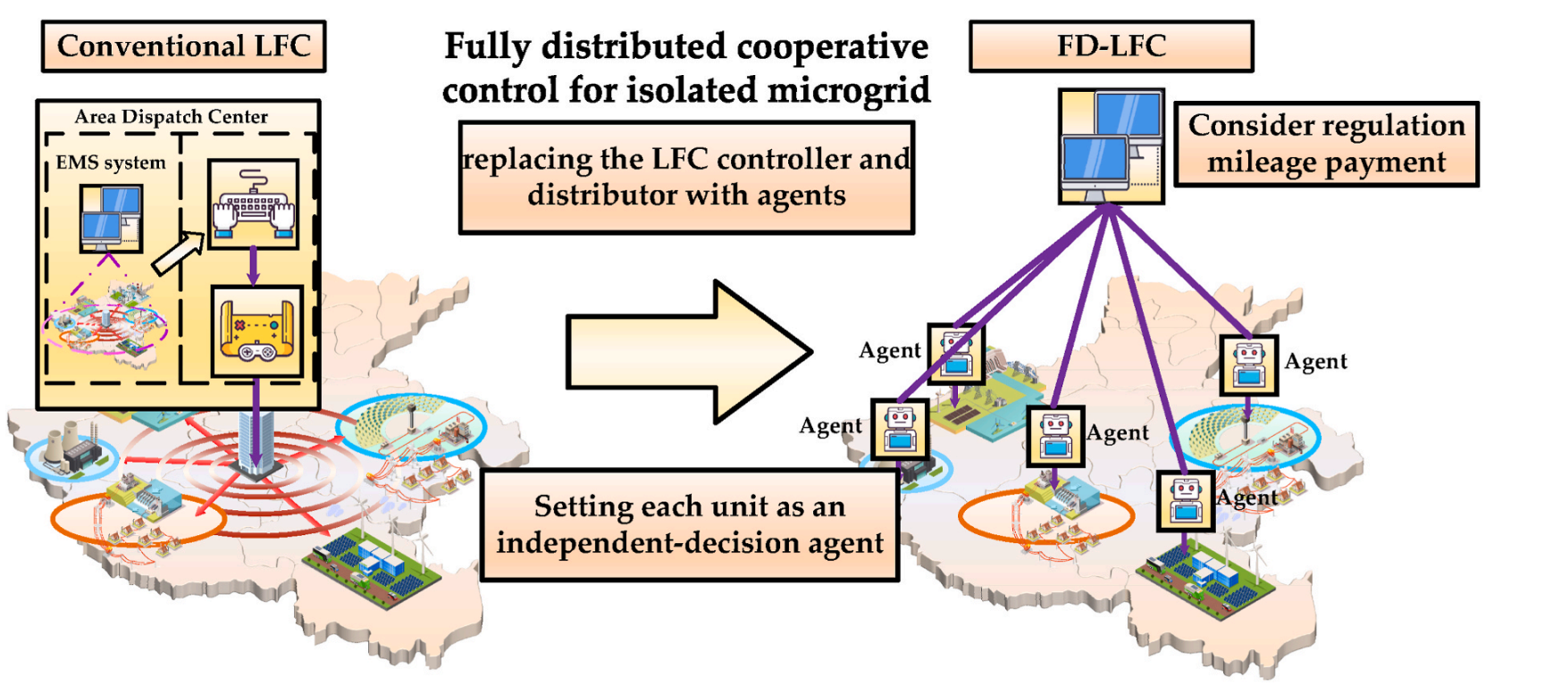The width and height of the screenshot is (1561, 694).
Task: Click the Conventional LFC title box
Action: [x=183, y=46]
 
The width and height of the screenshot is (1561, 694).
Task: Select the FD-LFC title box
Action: [x=1111, y=46]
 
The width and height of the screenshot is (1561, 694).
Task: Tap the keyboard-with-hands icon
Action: [x=253, y=205]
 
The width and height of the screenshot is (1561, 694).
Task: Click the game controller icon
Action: [x=256, y=331]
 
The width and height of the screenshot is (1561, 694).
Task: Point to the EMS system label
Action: [x=110, y=163]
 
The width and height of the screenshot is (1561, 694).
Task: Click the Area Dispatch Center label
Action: [x=171, y=117]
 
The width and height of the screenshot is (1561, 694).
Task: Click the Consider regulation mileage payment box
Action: [x=1326, y=144]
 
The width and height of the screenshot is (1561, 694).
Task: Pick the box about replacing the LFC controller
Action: [x=686, y=178]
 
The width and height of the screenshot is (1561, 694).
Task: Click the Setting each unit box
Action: [x=689, y=525]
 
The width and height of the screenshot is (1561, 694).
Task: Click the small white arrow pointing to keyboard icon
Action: [x=177, y=253]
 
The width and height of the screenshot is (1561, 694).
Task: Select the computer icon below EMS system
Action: [x=111, y=217]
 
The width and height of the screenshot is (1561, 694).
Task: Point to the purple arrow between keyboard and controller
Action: [x=253, y=266]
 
